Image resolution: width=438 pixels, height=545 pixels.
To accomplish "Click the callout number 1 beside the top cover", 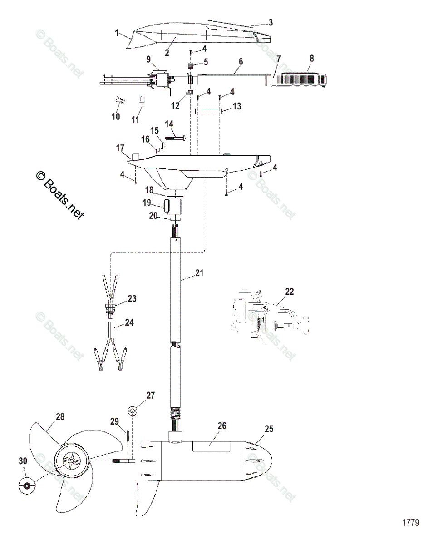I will coord(117,33).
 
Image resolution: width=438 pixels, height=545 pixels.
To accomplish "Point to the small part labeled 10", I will coord(121,100).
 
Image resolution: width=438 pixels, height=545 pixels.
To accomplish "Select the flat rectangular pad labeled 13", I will coord(208,111).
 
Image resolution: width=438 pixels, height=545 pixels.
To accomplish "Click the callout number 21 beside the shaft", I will coord(199,273).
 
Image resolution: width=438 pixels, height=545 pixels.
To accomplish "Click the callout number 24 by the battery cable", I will coord(129,323).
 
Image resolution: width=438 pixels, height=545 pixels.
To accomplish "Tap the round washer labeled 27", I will coord(132,411).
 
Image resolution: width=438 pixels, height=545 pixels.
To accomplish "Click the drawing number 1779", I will coord(410,523).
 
